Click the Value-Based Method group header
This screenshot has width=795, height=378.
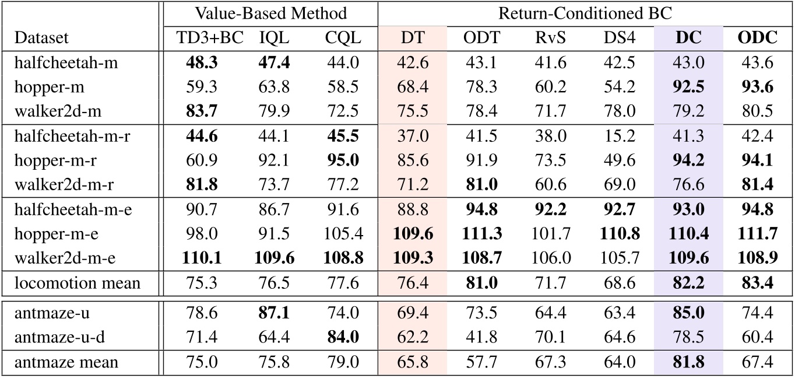(270, 13)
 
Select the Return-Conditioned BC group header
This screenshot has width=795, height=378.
(586, 13)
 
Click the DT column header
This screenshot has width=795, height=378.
(413, 38)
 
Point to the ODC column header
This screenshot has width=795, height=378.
(758, 38)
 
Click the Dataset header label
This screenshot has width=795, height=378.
(42, 38)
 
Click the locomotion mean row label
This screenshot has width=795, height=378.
(78, 283)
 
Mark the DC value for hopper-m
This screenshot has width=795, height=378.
(688, 87)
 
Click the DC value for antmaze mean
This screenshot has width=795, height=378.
(688, 362)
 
